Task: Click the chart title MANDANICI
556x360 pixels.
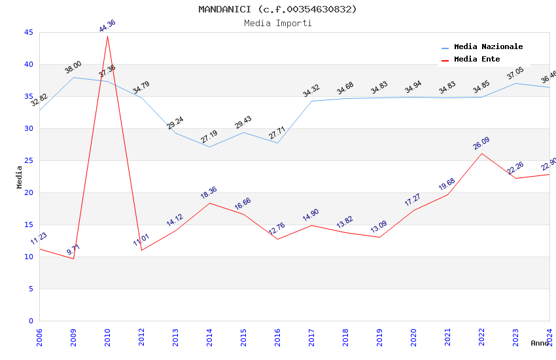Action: [x=278, y=9]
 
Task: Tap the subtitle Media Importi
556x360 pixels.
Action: [x=278, y=24]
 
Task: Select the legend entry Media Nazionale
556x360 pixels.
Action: [x=488, y=47]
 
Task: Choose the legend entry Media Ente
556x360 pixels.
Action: [x=477, y=60]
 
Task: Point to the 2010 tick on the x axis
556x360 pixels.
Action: [x=107, y=336]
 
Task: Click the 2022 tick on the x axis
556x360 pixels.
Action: [x=481, y=336]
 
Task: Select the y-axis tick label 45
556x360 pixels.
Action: [x=28, y=33]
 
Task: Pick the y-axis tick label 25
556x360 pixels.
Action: [x=28, y=161]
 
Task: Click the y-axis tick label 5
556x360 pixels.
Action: [x=30, y=289]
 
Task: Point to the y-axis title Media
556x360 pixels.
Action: [x=20, y=177]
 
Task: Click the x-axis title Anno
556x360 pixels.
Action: [x=540, y=343]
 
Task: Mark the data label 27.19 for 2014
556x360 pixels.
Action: [x=209, y=137]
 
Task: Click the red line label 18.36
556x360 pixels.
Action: [x=209, y=193]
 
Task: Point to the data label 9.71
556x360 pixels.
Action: [x=73, y=249]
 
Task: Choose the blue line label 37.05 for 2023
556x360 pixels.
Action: [x=515, y=73]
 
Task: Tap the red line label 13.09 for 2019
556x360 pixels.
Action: [x=379, y=227]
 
